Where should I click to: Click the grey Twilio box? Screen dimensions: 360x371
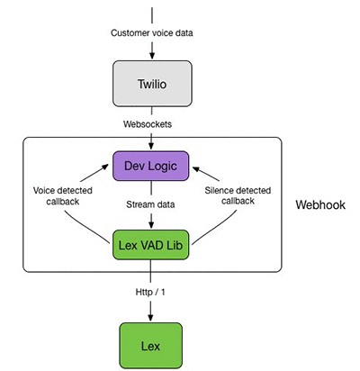152,84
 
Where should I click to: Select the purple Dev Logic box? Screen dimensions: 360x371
150,166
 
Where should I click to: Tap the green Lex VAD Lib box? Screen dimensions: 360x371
150,245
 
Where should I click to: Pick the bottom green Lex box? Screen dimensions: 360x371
150,346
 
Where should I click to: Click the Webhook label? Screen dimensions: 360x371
320,204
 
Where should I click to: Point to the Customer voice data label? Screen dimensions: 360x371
152,32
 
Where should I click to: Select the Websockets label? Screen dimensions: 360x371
148,124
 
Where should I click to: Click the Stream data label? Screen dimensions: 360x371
150,204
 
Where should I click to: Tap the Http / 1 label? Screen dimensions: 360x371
150,292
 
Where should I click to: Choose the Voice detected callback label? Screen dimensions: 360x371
62,195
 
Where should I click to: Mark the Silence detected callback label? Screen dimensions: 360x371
238,195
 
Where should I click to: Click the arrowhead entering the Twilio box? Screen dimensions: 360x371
152,55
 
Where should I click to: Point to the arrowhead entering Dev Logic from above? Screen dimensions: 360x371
151,146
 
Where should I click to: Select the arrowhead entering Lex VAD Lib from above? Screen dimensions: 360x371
151,224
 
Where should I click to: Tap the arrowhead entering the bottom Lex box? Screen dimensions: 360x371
150,317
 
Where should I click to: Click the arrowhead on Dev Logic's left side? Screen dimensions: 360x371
104,167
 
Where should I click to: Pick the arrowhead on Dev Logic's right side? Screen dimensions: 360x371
196,169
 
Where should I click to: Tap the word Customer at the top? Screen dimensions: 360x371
130,32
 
